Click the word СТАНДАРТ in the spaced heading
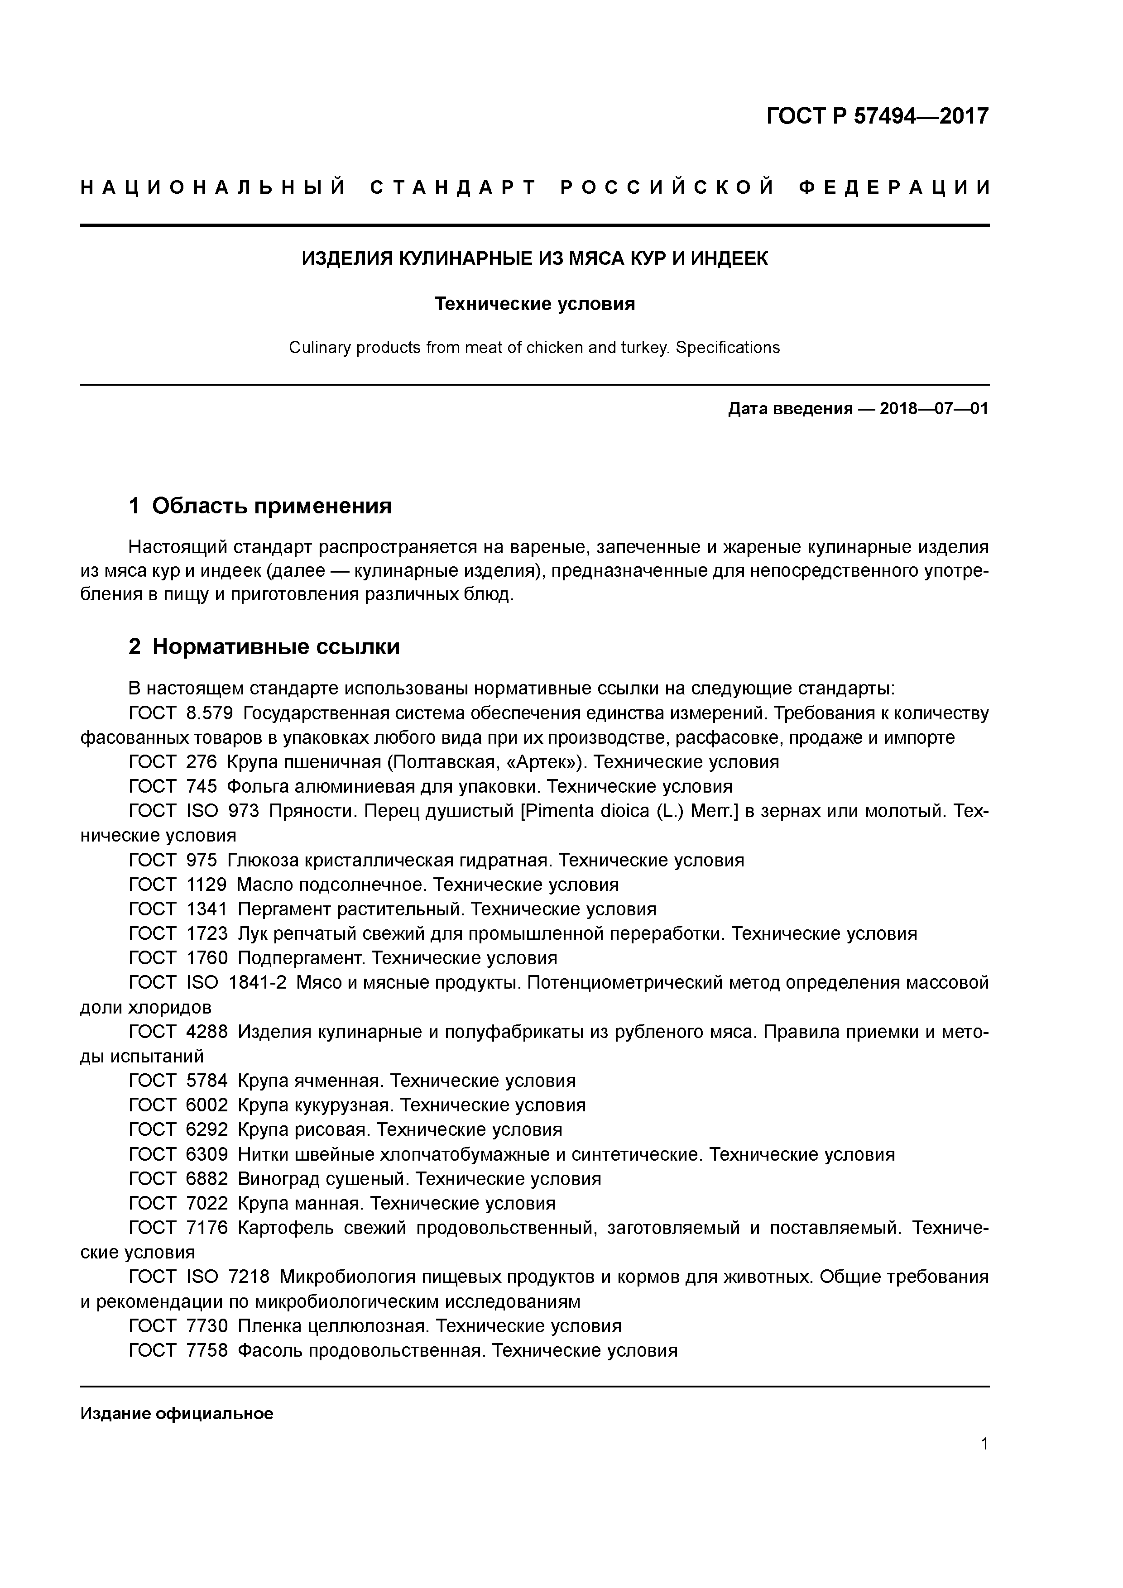[453, 187]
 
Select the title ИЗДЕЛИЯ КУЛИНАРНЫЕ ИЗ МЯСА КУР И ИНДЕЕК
[534, 258]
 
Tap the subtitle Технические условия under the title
[534, 304]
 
